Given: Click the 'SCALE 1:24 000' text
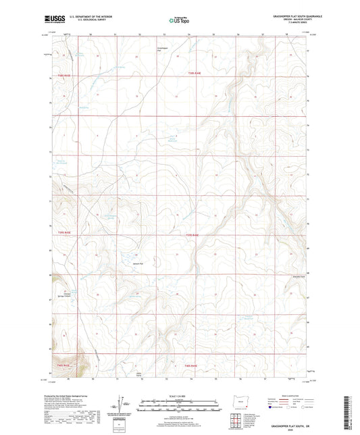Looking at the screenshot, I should tap(179, 396).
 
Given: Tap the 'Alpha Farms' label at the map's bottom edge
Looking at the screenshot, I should tap(138, 374).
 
